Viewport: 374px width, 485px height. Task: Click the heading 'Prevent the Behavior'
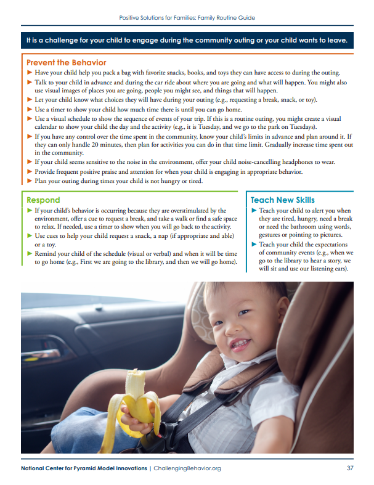(x=66, y=62)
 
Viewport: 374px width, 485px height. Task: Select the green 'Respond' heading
(x=43, y=200)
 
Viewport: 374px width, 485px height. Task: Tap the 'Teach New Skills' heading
(x=282, y=200)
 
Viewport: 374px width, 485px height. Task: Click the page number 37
(x=350, y=468)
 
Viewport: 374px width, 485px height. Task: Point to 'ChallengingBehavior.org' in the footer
(x=187, y=468)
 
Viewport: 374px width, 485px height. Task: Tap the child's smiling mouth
(x=240, y=342)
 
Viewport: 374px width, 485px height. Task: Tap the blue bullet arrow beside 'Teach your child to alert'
(x=254, y=211)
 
